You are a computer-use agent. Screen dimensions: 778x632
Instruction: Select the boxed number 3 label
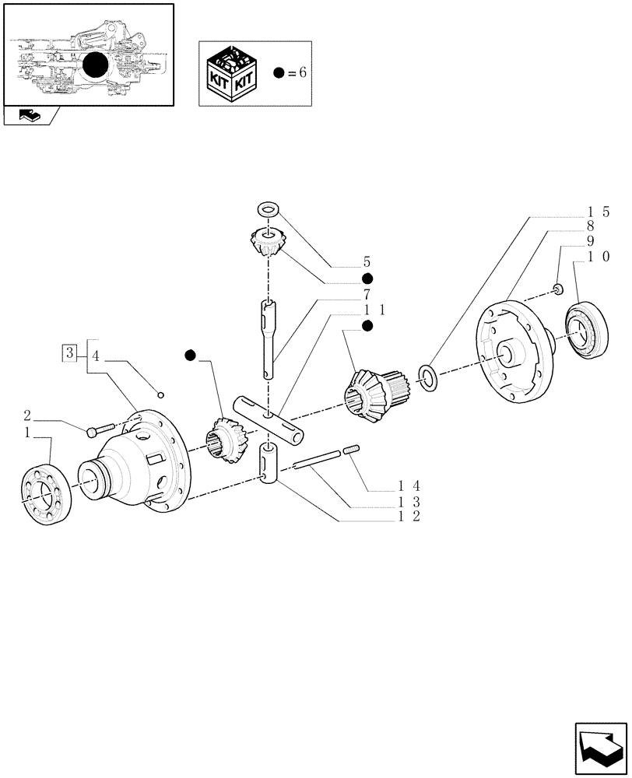[x=70, y=352]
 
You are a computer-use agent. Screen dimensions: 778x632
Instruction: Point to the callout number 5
[x=366, y=263]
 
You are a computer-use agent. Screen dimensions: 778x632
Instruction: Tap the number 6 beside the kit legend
[x=303, y=72]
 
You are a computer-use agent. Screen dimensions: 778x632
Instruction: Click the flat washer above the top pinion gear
[x=269, y=209]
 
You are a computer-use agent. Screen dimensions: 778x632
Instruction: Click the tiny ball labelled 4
[x=160, y=391]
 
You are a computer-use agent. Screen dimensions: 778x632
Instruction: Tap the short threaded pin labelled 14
[x=351, y=449]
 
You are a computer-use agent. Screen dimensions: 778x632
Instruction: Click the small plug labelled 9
[x=558, y=290]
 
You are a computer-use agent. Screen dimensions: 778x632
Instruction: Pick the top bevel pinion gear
[x=268, y=244]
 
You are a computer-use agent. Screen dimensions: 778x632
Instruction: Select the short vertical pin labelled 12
[x=269, y=464]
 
